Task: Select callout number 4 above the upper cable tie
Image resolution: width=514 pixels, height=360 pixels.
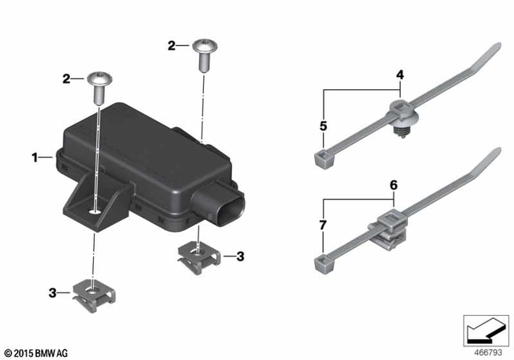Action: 398,75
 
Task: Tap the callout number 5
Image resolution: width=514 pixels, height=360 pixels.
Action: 324,126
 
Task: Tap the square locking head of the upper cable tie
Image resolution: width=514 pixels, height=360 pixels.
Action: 320,157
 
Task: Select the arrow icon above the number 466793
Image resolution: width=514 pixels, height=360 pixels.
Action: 483,329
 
